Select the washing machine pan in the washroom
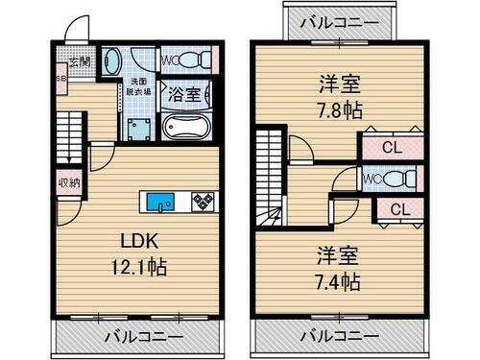(138, 128)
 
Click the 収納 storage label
(68, 181)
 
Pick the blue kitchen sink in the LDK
(160, 202)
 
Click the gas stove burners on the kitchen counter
(204, 202)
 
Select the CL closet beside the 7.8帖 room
(390, 148)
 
